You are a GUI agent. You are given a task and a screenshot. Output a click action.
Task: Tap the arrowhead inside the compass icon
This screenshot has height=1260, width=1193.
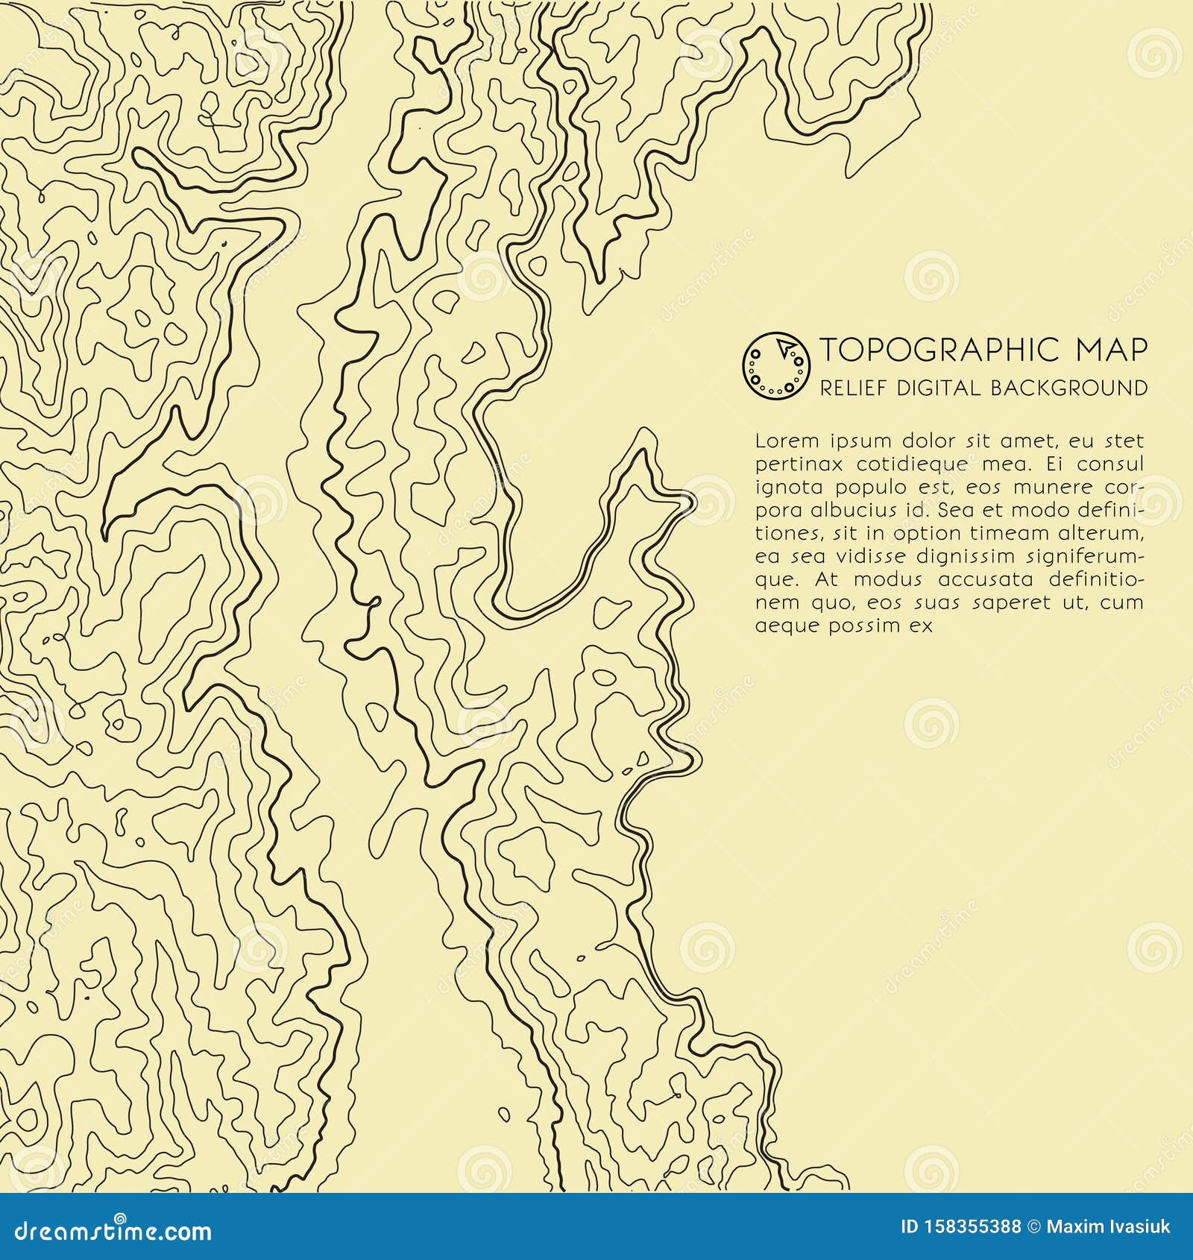784,347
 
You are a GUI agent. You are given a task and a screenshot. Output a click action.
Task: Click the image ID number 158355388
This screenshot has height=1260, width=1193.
970,1227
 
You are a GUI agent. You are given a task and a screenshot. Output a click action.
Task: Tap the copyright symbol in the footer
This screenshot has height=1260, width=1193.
1033,1227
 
